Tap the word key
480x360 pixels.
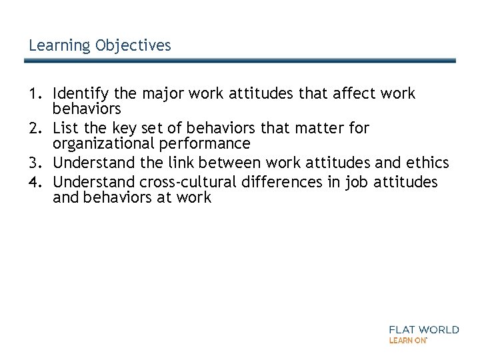(x=118, y=128)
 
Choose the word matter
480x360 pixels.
(x=313, y=128)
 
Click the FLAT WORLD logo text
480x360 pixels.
(x=423, y=329)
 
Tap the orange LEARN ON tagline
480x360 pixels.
(x=407, y=340)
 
